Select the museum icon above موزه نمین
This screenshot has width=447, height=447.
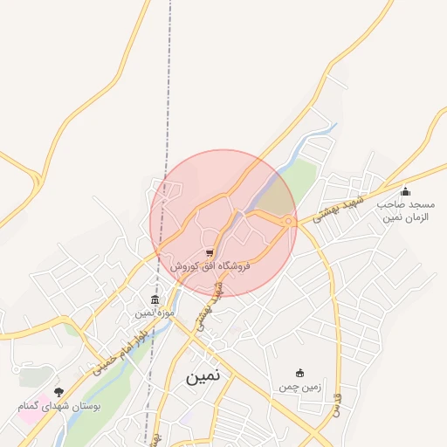pos(155,299)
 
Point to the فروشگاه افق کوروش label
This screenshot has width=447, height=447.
pos(210,266)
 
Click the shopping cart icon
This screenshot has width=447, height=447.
pos(210,253)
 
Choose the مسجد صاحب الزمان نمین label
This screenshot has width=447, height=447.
pos(404,209)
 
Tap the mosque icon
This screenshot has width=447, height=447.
pos(404,192)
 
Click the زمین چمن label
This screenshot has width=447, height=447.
pos(300,386)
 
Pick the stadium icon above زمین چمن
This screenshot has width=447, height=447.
pos(300,373)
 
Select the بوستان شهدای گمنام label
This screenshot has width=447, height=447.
pos(59,406)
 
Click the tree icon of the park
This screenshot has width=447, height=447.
pos(58,393)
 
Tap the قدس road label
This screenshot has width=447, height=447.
pos(333,403)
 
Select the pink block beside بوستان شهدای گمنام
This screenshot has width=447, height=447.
pos(29,410)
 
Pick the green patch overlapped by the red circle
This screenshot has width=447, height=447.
pos(278,196)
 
